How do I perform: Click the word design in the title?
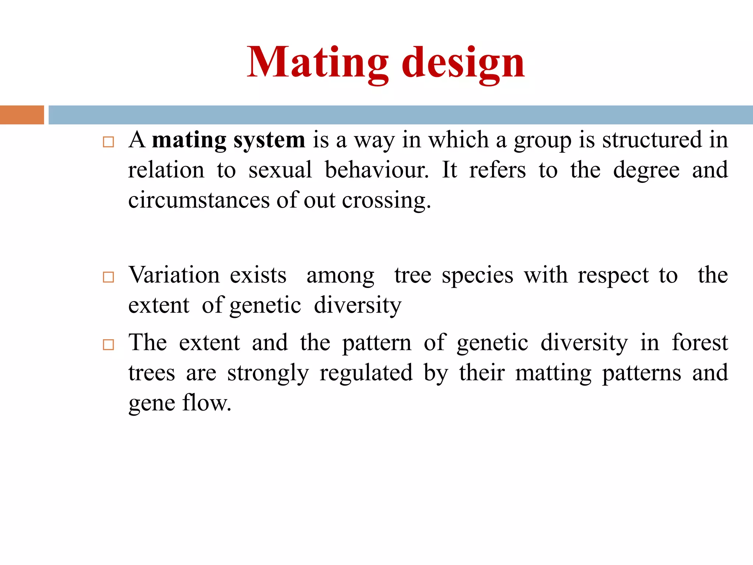[463, 63]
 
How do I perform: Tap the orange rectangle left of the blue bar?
[22, 115]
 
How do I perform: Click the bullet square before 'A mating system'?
[108, 142]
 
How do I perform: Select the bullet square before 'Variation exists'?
[108, 277]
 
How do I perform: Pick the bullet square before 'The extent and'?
[108, 345]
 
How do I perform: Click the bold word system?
[269, 141]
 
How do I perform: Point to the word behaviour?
[376, 170]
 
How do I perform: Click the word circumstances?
[199, 200]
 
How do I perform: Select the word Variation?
[174, 275]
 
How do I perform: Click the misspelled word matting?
[553, 373]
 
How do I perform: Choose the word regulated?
[366, 373]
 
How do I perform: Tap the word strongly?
[268, 373]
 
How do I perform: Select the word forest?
[700, 343]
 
